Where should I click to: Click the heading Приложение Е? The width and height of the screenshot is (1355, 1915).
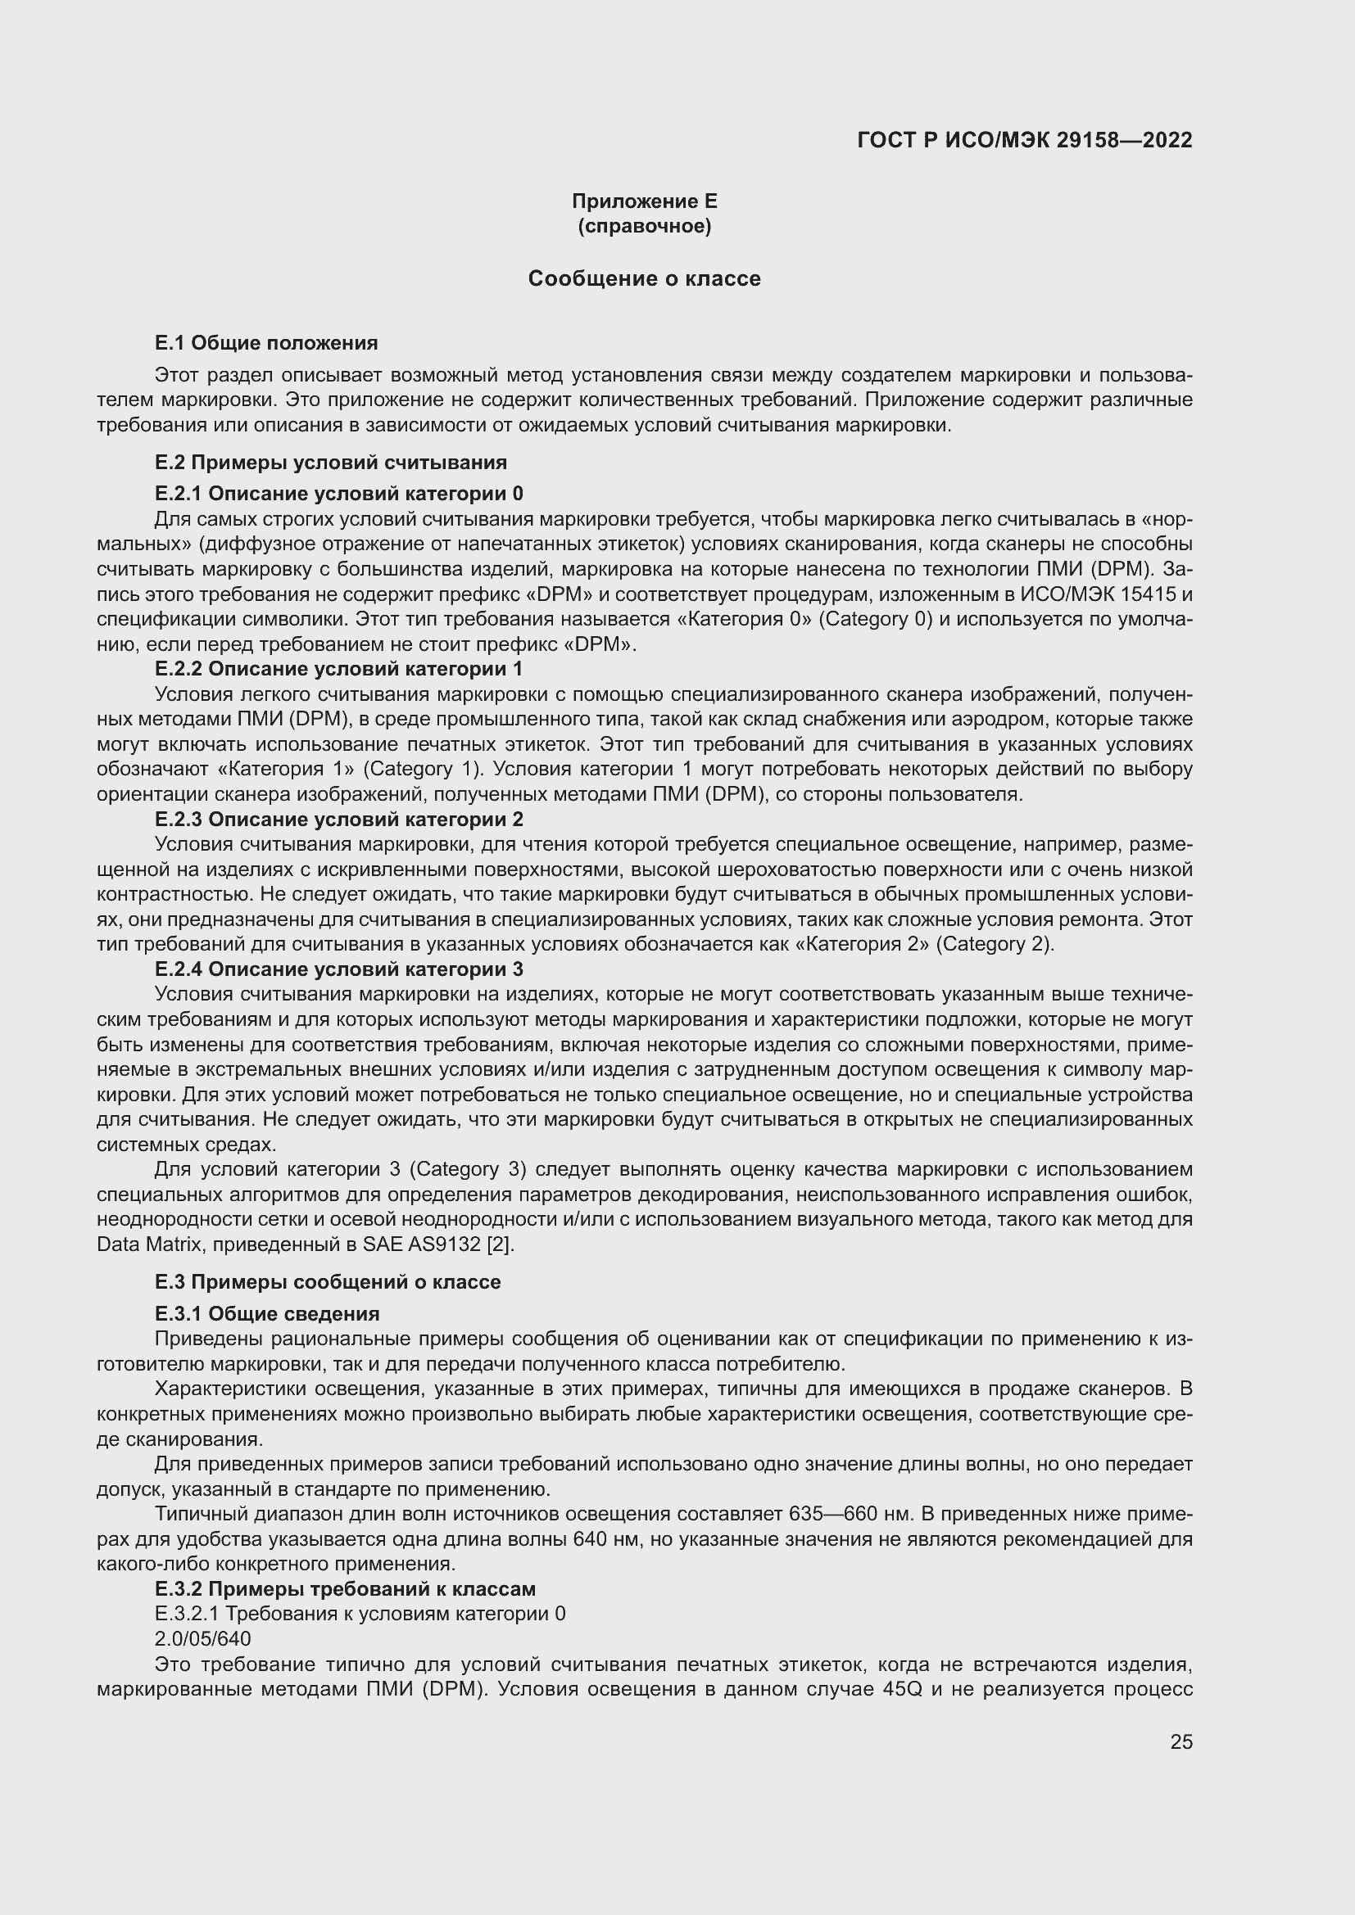pyautogui.click(x=644, y=201)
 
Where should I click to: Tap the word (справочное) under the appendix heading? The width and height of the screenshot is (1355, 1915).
pyautogui.click(x=644, y=226)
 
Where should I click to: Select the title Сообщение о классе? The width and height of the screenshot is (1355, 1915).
pyautogui.click(x=644, y=278)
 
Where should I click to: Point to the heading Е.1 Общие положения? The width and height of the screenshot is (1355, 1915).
pyautogui.click(x=266, y=343)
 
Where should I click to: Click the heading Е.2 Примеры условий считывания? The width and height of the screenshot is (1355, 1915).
pyautogui.click(x=330, y=462)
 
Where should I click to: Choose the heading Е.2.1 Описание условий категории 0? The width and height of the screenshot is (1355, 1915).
pyautogui.click(x=339, y=493)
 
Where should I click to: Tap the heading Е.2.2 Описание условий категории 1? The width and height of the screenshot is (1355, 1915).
pyautogui.click(x=339, y=668)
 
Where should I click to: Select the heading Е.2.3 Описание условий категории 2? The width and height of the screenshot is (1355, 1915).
pyautogui.click(x=339, y=818)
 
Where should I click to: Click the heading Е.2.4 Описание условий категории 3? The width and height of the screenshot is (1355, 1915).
pyautogui.click(x=339, y=969)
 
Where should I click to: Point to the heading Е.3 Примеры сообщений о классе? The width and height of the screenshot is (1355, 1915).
pyautogui.click(x=328, y=1282)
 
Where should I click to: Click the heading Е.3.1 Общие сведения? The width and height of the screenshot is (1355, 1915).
pyautogui.click(x=267, y=1313)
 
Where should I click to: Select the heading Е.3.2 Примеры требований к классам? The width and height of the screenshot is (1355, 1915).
pyautogui.click(x=345, y=1588)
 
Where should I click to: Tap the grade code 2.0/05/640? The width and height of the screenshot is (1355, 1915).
pyautogui.click(x=202, y=1638)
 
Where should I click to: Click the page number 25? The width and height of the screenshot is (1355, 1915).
pyautogui.click(x=1181, y=1741)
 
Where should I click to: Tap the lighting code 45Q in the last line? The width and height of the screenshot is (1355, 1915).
pyautogui.click(x=901, y=1689)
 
